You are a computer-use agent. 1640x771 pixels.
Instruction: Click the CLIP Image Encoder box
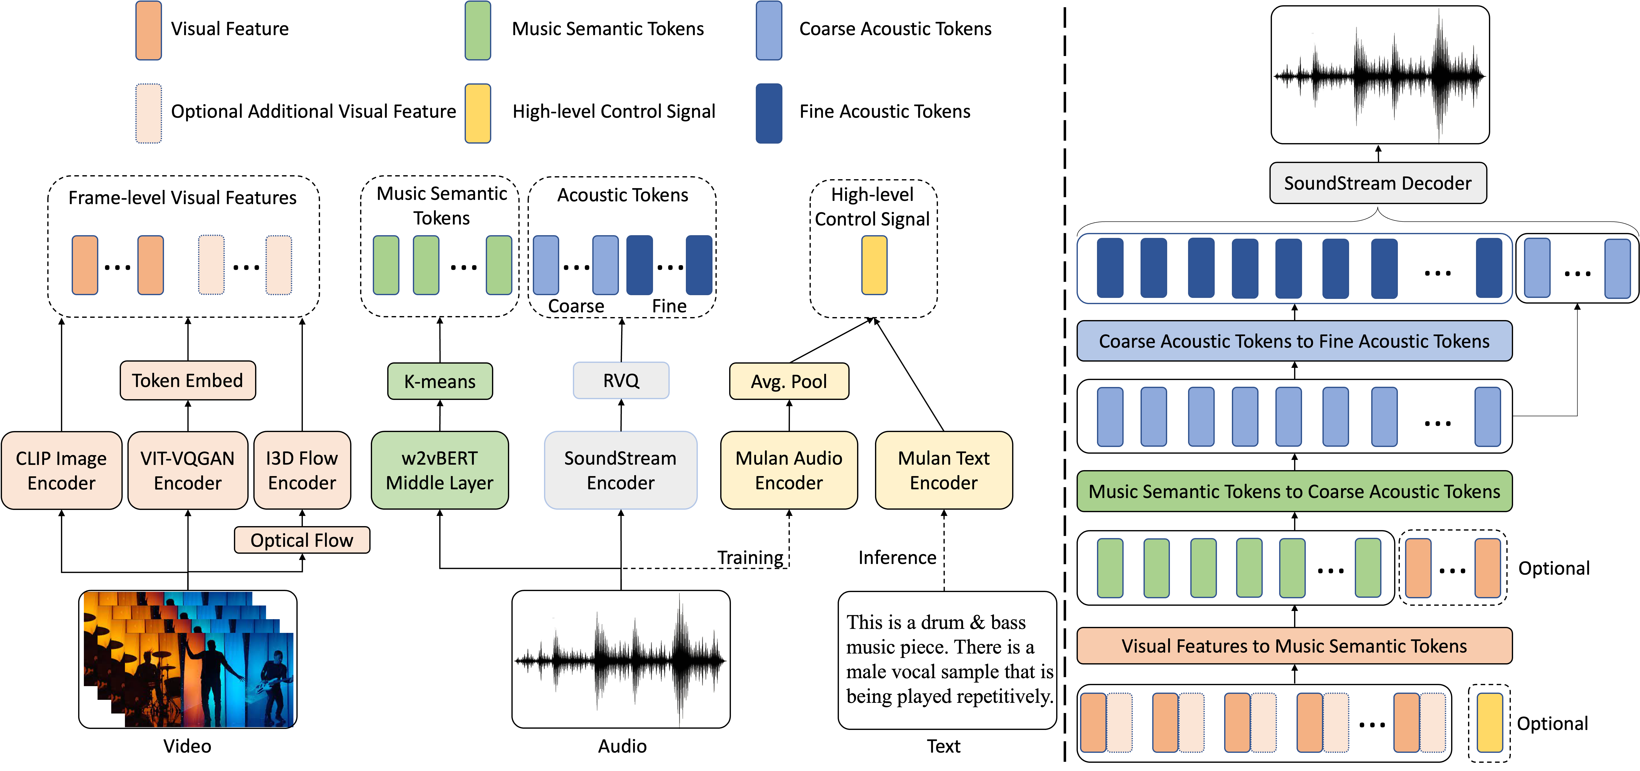tap(61, 471)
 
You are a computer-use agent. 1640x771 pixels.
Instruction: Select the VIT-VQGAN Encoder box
tap(188, 471)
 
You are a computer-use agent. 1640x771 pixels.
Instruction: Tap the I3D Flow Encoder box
tap(302, 471)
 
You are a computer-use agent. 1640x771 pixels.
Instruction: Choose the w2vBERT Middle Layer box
tap(439, 471)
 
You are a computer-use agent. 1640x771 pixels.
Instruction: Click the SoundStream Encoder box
tap(620, 471)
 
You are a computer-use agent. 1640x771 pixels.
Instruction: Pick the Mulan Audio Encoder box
tap(789, 471)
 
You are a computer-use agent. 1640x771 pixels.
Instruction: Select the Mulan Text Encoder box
tap(943, 471)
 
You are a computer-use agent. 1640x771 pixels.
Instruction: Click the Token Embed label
tap(188, 381)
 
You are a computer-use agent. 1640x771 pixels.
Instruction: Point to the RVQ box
tap(621, 381)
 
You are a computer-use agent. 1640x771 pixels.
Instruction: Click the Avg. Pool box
tap(789, 381)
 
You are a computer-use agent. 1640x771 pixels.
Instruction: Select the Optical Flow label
tap(302, 540)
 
